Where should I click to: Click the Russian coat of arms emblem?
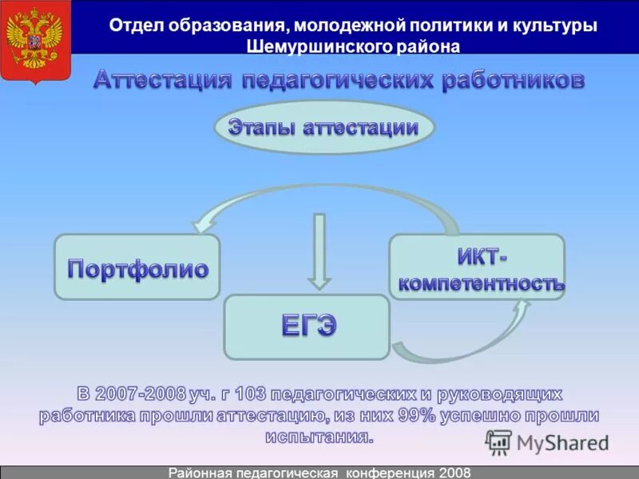[x=34, y=41]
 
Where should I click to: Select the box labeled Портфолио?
[x=137, y=267]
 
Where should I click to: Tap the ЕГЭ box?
[x=307, y=326]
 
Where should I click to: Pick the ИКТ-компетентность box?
[x=477, y=267]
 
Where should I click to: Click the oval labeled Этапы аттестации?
[x=324, y=128]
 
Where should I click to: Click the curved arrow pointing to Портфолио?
[x=240, y=204]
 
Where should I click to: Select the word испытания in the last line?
[x=318, y=437]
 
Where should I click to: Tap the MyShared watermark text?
[x=562, y=442]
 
